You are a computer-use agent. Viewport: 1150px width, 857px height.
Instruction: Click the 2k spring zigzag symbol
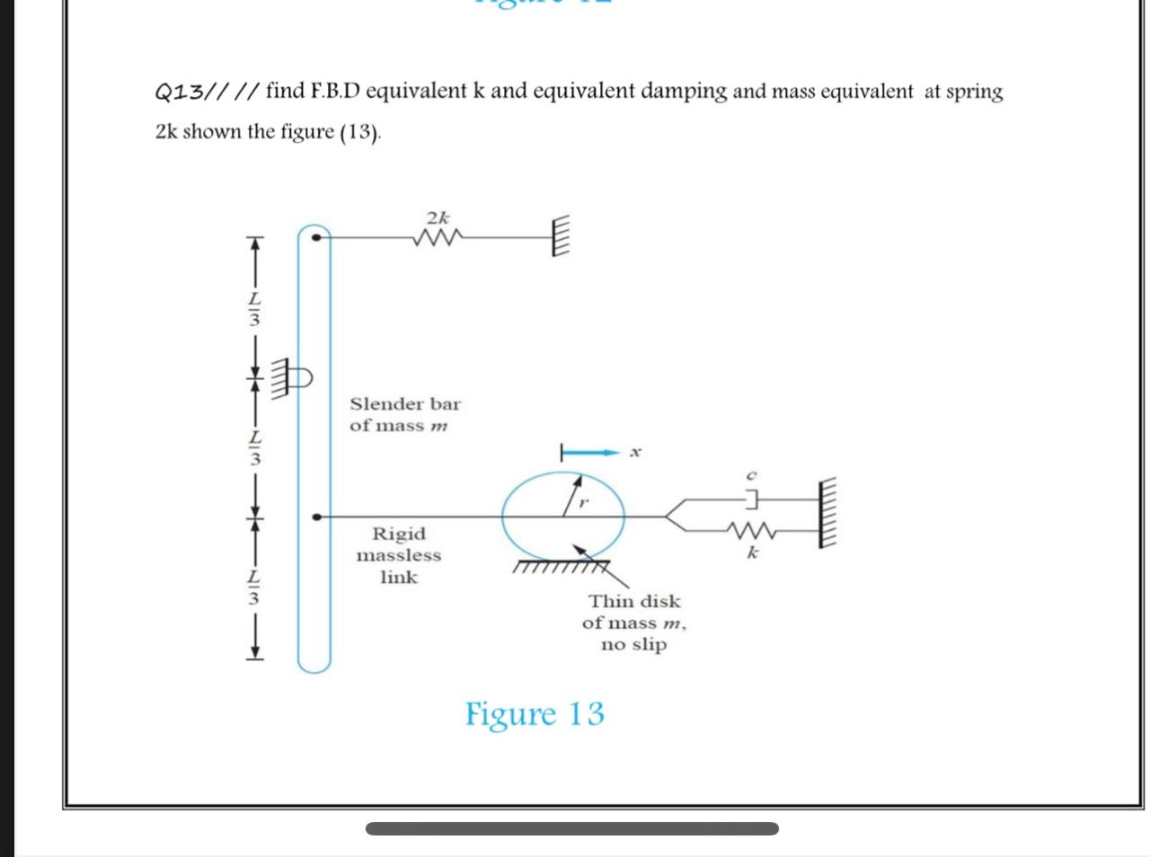coord(438,237)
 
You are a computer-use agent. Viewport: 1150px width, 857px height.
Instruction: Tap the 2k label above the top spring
coord(438,216)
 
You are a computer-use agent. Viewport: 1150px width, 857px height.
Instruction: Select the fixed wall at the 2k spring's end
coord(560,235)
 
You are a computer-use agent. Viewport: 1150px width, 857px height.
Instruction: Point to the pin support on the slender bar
coord(292,377)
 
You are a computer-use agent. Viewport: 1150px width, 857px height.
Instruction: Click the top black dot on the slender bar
coord(316,237)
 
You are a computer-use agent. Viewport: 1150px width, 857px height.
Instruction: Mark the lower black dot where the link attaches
coord(316,517)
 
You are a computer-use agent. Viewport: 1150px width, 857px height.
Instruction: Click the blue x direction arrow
coord(590,453)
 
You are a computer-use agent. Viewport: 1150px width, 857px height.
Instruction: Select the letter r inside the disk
coord(584,503)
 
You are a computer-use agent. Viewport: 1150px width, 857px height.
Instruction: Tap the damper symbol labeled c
coord(752,499)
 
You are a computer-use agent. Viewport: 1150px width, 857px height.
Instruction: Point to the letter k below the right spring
coord(752,552)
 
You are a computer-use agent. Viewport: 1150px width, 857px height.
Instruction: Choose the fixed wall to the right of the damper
coord(827,513)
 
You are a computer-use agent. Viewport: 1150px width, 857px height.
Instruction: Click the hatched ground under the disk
coord(562,567)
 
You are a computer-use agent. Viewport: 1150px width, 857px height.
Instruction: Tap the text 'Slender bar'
coord(405,404)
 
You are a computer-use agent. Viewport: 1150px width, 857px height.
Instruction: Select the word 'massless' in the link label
coord(399,555)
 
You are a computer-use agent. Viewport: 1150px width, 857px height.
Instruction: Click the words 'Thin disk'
coord(634,601)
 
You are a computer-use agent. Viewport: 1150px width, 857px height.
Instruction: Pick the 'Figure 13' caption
coord(535,714)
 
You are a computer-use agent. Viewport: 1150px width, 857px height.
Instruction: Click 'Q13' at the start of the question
coord(179,93)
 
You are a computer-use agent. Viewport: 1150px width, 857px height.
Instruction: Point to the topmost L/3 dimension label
coord(254,309)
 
